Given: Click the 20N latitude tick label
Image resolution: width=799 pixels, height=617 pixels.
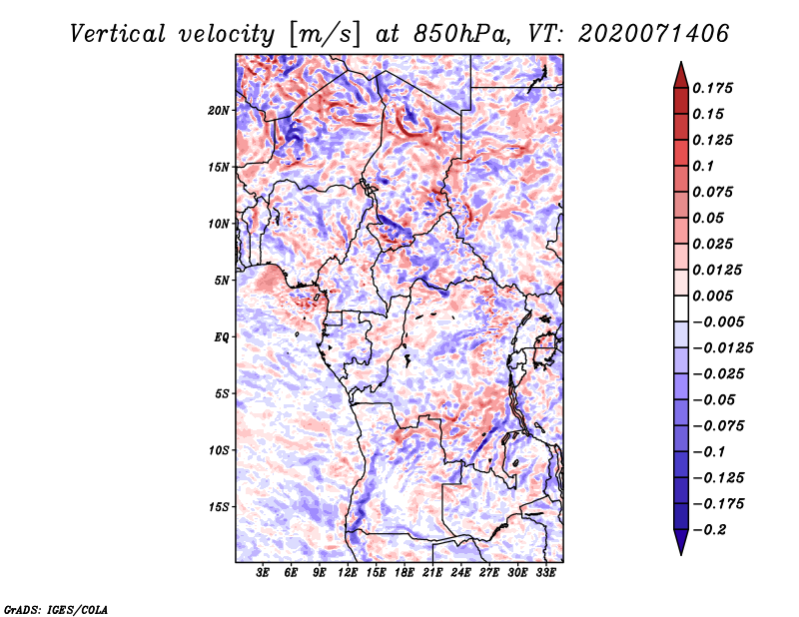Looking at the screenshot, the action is [x=219, y=111].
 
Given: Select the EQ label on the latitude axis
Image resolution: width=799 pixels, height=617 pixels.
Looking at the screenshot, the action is [x=222, y=337].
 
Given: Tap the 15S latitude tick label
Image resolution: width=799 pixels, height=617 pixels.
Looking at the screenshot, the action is [x=219, y=507].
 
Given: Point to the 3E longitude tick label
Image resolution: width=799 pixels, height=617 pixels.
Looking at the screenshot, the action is [x=263, y=573].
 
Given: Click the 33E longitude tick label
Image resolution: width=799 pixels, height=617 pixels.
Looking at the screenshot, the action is [x=545, y=573].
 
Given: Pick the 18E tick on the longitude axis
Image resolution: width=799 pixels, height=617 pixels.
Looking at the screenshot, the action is [x=404, y=573].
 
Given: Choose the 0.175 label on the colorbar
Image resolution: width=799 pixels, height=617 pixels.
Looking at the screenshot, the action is [x=712, y=88].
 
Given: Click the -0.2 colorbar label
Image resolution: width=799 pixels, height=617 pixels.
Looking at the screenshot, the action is [x=709, y=530].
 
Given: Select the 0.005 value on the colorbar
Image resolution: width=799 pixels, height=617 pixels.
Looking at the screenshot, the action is [x=712, y=296].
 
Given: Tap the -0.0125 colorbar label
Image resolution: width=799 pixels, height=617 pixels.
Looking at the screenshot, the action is [x=722, y=348].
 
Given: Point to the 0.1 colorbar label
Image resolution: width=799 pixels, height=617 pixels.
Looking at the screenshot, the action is [x=703, y=166].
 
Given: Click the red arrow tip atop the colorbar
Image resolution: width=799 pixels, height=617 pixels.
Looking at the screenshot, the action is [x=681, y=62].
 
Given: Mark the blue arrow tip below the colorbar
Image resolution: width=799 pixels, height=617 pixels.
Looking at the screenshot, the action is [x=681, y=554].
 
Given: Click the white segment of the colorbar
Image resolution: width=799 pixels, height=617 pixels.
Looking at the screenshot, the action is [x=681, y=308].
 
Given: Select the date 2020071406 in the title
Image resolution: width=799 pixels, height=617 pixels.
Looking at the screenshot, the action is [x=654, y=34].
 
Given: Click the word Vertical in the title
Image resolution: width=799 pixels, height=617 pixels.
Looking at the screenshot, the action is [x=118, y=34].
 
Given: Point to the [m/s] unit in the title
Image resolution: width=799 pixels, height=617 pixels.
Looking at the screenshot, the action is [x=325, y=35].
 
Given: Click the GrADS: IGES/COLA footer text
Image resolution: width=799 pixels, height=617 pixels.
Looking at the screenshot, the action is [x=56, y=610].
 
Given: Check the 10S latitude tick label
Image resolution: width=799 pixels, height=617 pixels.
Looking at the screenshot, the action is [x=219, y=451].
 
